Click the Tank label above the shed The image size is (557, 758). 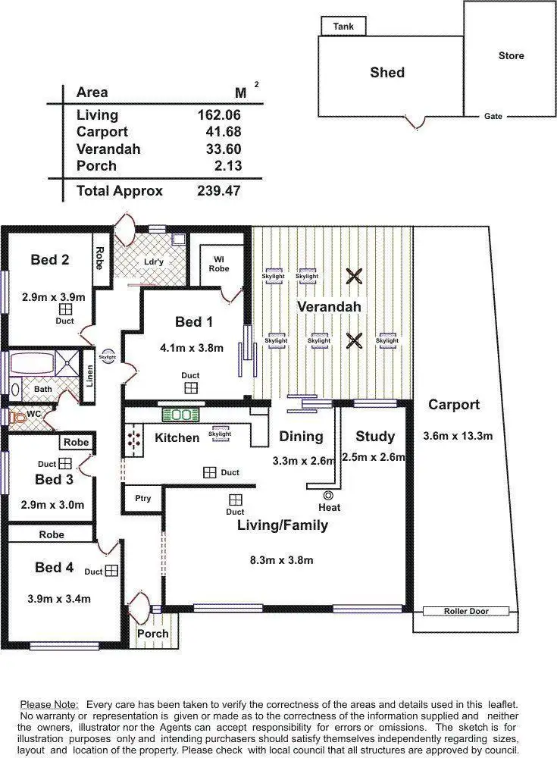click(x=343, y=27)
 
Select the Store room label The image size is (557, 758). click(x=511, y=56)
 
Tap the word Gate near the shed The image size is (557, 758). click(x=493, y=117)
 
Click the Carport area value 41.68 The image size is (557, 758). click(x=219, y=132)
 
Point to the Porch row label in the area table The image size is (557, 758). click(x=97, y=166)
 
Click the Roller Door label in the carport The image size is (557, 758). click(x=466, y=611)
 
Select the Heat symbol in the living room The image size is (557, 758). click(x=329, y=495)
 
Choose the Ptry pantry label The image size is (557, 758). click(x=142, y=499)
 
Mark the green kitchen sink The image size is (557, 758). click(x=180, y=415)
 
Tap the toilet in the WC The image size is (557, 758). click(x=18, y=416)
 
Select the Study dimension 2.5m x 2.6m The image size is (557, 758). click(x=375, y=457)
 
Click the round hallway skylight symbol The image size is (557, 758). click(x=108, y=356)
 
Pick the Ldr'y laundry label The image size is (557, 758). click(x=154, y=262)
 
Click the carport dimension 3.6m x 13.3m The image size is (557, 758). click(x=458, y=436)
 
